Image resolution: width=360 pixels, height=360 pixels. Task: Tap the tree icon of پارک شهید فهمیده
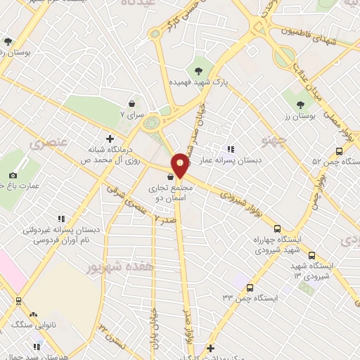click(x=199, y=69)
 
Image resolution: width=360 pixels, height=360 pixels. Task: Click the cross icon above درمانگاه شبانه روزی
click(x=109, y=139)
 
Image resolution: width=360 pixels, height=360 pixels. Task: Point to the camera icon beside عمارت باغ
click(x=13, y=175)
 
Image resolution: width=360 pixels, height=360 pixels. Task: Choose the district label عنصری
click(x=49, y=142)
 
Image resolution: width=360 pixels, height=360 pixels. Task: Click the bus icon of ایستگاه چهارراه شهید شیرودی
click(x=277, y=229)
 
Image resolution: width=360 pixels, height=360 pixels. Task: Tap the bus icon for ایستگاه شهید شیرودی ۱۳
click(x=311, y=256)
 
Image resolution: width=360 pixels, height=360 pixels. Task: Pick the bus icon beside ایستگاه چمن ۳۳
click(x=252, y=286)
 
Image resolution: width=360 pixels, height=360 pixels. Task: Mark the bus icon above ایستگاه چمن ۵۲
click(x=340, y=150)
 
